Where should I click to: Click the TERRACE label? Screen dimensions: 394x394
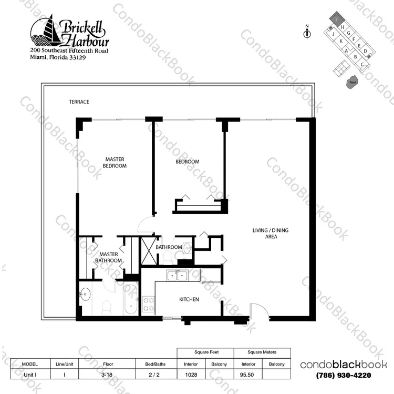point(79,102)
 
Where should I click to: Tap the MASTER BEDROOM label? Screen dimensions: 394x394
point(115,163)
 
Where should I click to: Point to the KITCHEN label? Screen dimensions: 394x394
point(189,299)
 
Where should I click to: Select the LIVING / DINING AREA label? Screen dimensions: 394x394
point(271,234)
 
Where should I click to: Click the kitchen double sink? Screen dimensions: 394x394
point(177,275)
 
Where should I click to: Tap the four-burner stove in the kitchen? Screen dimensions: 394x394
point(149,304)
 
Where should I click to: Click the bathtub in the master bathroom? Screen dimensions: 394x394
point(131,299)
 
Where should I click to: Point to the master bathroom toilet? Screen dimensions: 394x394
point(107,307)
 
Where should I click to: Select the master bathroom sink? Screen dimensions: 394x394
point(85,294)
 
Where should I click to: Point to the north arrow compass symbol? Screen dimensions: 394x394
point(307,32)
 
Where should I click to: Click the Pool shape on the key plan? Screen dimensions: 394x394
point(352,82)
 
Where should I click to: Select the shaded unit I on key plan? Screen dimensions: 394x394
point(336,18)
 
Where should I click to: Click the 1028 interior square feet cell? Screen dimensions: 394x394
point(191,375)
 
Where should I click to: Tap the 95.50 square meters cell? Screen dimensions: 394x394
point(247,375)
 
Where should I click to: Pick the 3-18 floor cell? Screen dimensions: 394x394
point(107,375)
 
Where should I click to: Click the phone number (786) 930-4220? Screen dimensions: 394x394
point(343,376)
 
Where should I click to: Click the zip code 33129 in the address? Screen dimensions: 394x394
point(77,57)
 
